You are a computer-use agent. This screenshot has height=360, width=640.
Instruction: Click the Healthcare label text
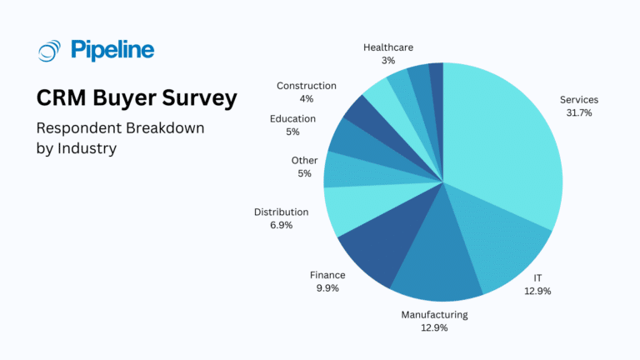pos(388,47)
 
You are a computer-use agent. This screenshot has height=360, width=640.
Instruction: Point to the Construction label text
pos(306,86)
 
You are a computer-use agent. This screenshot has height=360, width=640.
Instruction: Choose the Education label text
pos(292,118)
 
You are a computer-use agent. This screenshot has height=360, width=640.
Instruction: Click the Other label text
pos(304,160)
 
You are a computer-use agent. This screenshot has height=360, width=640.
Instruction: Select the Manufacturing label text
pos(434,314)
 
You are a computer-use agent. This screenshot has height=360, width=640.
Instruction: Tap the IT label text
pos(537,278)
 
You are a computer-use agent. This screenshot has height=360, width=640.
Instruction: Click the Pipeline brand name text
pos(112,50)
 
